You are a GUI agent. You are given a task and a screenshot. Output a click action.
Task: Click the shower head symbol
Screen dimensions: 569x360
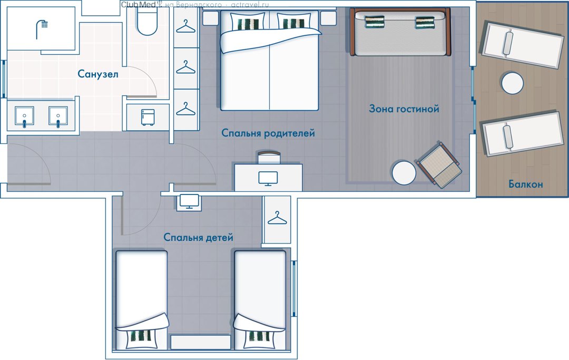(42, 29)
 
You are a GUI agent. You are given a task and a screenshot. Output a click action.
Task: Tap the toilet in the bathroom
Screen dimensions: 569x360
(147, 21)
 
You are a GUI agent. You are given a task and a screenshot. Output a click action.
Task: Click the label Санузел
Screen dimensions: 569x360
(98, 74)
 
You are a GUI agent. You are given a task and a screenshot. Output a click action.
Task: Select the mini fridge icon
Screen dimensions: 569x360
(148, 117)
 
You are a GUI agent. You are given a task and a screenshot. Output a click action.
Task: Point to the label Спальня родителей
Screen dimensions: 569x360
(268, 133)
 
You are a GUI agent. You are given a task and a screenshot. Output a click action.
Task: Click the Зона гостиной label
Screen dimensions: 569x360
(404, 109)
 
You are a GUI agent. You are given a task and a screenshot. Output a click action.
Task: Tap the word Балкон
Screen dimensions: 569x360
(525, 184)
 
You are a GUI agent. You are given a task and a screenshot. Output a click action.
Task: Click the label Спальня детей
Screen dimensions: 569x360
(198, 237)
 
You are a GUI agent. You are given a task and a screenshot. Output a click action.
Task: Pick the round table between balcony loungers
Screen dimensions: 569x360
(513, 83)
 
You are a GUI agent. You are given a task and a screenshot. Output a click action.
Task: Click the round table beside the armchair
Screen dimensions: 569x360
(404, 173)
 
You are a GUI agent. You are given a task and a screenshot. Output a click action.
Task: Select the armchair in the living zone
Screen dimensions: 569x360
(439, 165)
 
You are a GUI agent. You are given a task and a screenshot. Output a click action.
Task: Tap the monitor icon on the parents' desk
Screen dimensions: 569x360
(268, 179)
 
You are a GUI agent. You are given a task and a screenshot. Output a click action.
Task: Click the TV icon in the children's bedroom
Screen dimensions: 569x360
(189, 202)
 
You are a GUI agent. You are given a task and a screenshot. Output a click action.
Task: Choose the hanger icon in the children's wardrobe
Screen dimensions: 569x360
(277, 218)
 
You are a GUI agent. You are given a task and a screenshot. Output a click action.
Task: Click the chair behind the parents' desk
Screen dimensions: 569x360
(269, 157)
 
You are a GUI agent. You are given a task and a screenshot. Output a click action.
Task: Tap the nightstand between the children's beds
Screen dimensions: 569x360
(200, 342)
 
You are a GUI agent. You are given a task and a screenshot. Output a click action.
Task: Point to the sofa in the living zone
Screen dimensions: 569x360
(400, 32)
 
